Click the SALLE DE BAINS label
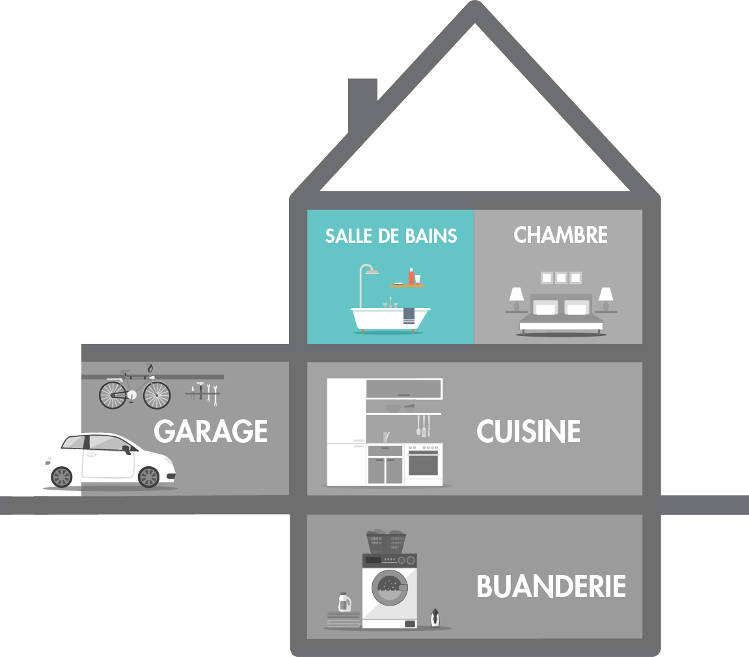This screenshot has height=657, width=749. (390, 236)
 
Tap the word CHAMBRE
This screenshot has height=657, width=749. (560, 235)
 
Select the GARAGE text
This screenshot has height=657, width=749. (211, 432)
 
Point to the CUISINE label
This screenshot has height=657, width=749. (528, 432)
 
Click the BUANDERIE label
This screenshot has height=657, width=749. (551, 587)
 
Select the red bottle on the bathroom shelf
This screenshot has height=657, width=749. (411, 277)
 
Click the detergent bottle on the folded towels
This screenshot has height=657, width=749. (343, 602)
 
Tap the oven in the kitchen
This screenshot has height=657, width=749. (423, 464)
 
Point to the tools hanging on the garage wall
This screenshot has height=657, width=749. (203, 393)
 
